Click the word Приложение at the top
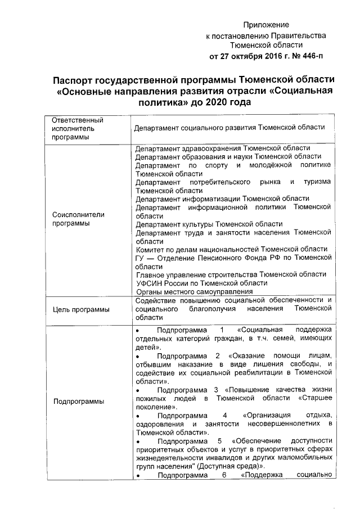[x=266, y=25]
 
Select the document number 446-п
[x=310, y=56]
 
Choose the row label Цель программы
[x=78, y=309]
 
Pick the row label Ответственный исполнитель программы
[x=70, y=129]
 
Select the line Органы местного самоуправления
[x=195, y=291]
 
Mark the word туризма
[x=317, y=182]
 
